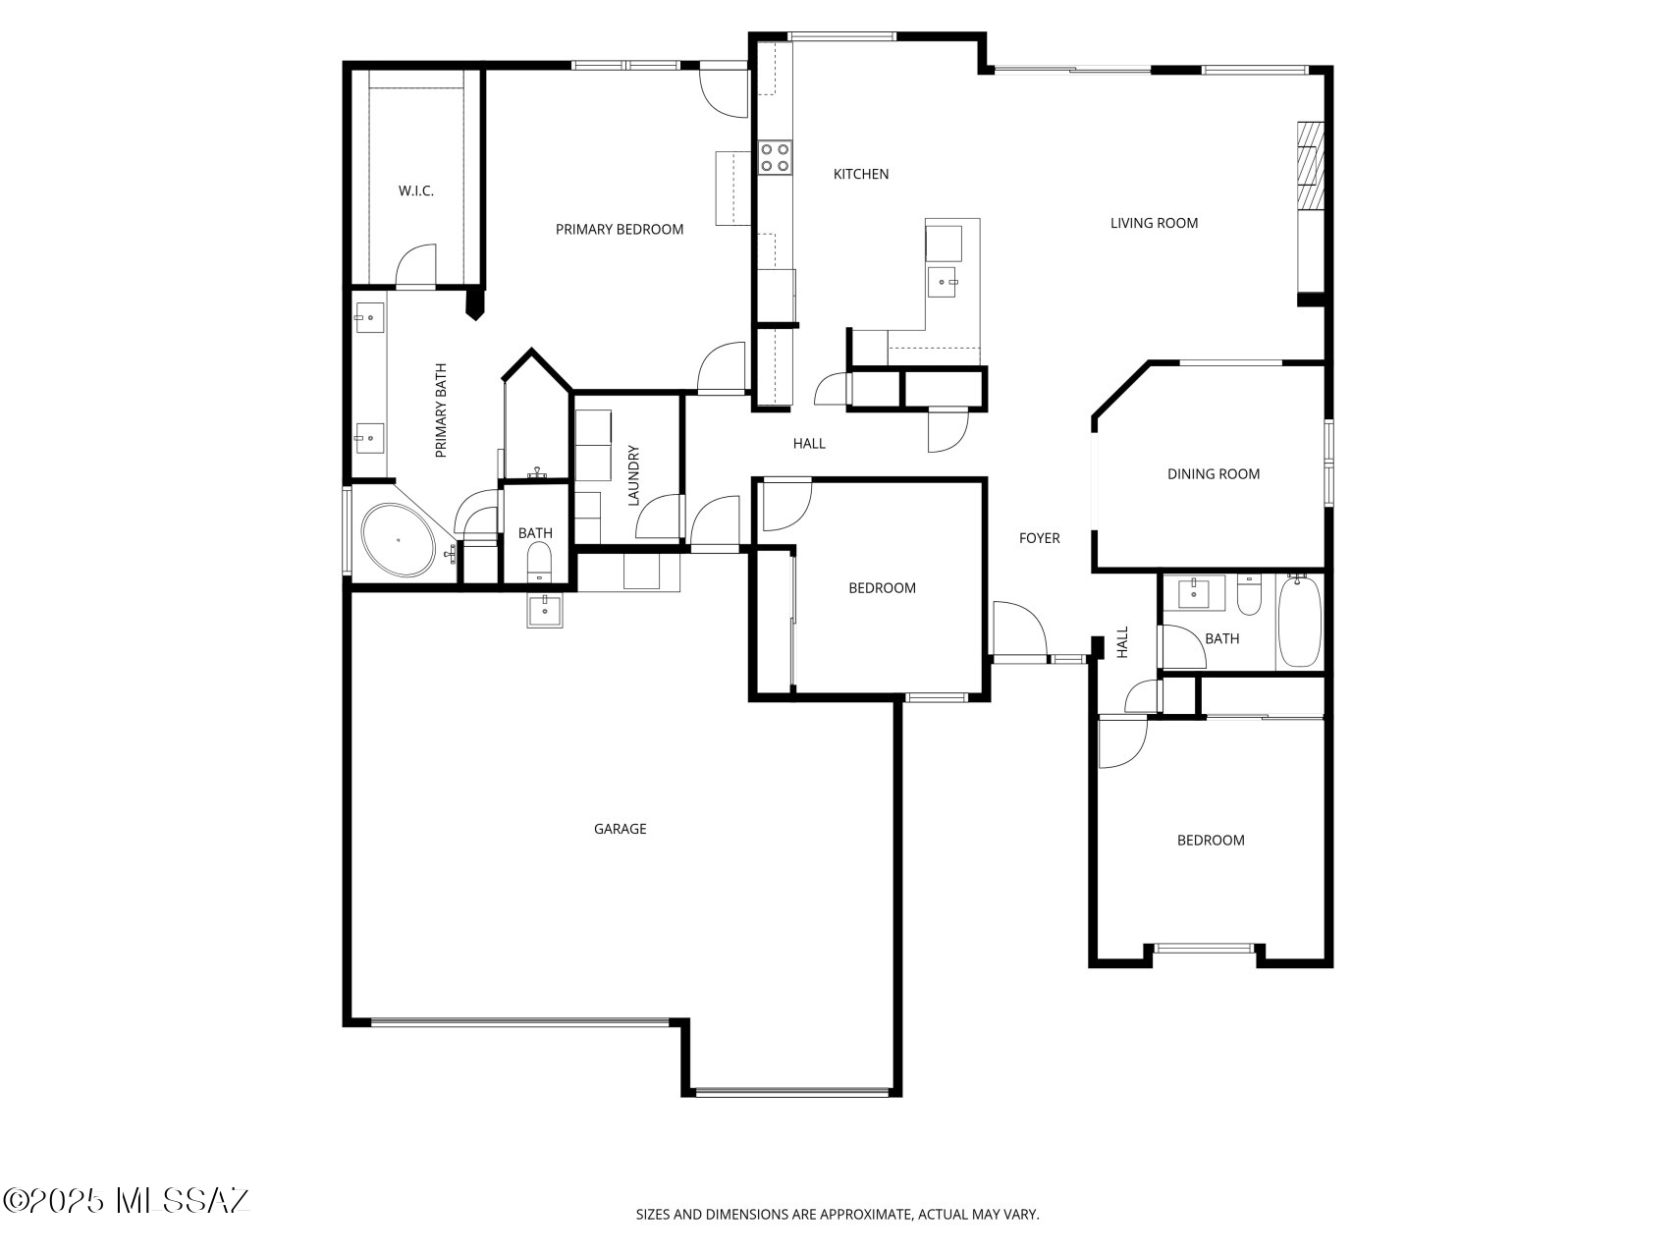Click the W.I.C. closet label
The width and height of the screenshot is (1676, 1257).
tap(415, 191)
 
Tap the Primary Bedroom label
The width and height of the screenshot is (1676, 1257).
tap(620, 229)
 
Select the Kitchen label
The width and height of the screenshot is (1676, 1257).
tap(861, 174)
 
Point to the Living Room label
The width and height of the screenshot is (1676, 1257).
tap(1154, 223)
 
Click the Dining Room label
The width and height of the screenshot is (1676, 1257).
tap(1214, 473)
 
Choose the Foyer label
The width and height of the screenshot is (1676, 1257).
tap(1040, 538)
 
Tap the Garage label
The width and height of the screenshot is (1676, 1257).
tap(621, 829)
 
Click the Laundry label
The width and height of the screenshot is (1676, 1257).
tap(633, 476)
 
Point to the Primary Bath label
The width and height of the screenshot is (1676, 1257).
tap(441, 410)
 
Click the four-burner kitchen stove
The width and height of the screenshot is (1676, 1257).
tap(775, 157)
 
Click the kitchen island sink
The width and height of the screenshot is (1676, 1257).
tap(943, 282)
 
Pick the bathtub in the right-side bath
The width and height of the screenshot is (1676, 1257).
tap(1300, 622)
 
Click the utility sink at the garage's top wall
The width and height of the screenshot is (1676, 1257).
tap(545, 611)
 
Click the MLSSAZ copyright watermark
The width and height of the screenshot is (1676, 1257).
tap(127, 1200)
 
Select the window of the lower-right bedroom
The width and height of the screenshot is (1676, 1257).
tap(1204, 948)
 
